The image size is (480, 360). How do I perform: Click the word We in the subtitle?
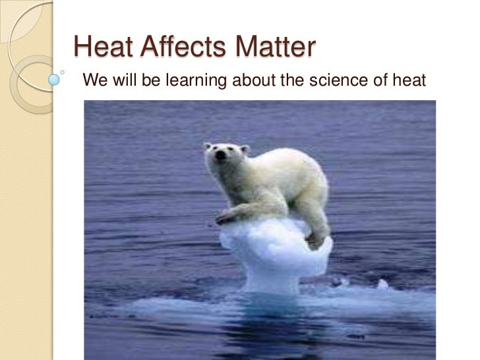tap(91, 82)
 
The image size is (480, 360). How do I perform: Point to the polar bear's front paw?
tap(226, 217)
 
